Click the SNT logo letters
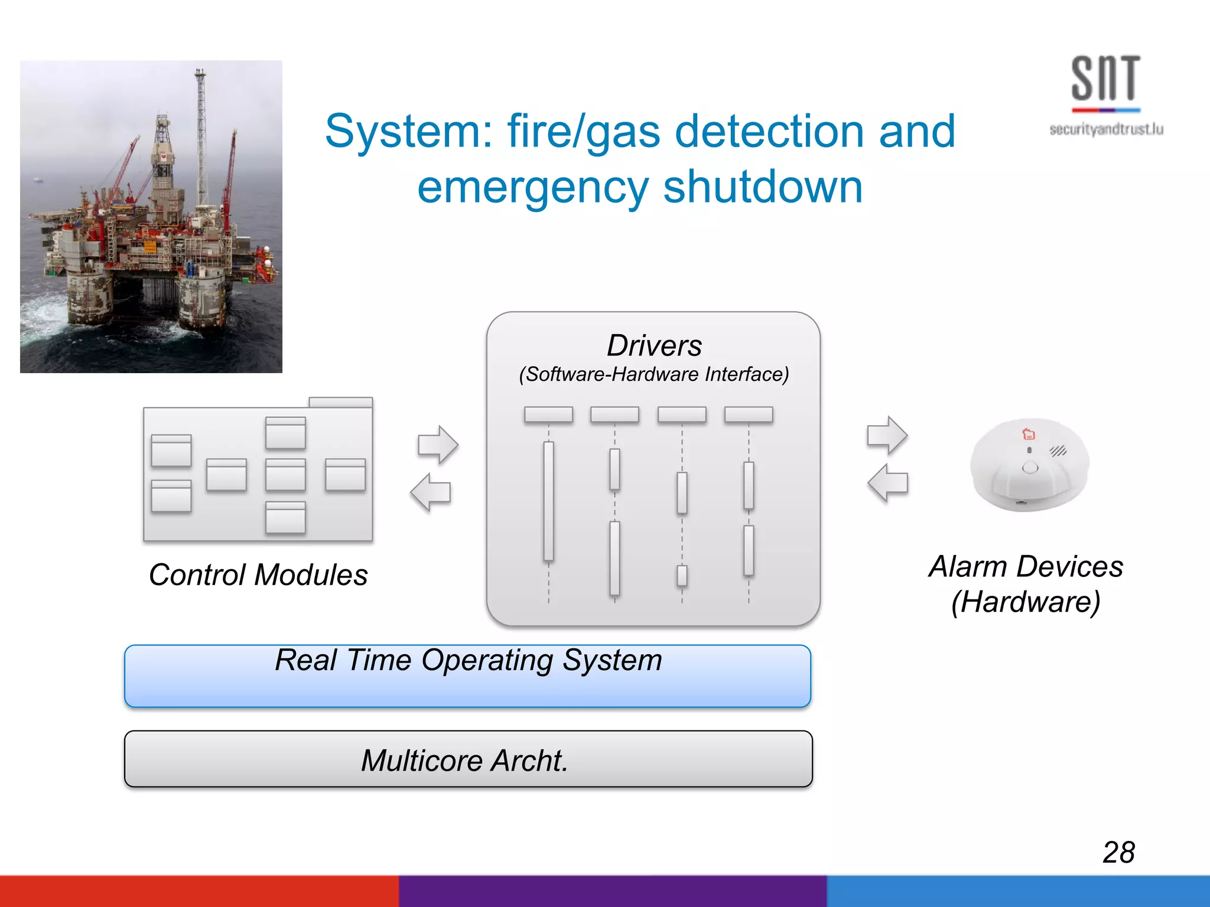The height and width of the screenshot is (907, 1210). pyautogui.click(x=1105, y=79)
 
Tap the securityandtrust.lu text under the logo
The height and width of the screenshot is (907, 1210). pyautogui.click(x=1106, y=129)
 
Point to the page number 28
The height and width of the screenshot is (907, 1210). pyautogui.click(x=1118, y=852)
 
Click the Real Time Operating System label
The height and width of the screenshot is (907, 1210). pyautogui.click(x=469, y=660)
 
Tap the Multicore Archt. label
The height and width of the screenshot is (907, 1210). pyautogui.click(x=465, y=761)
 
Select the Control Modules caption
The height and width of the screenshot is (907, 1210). pyautogui.click(x=258, y=575)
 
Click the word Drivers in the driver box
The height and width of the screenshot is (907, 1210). pyautogui.click(x=654, y=345)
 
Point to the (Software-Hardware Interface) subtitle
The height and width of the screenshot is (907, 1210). pyautogui.click(x=654, y=374)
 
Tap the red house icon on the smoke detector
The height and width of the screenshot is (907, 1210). pyautogui.click(x=1029, y=434)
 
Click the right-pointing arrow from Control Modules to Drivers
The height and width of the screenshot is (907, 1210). pyautogui.click(x=438, y=445)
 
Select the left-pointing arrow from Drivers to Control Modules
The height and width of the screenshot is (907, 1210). pyautogui.click(x=431, y=492)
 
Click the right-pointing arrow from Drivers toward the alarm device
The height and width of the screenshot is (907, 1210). pyautogui.click(x=887, y=435)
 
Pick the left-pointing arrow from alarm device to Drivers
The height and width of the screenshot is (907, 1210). pyautogui.click(x=887, y=482)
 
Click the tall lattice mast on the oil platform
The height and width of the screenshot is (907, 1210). pyautogui.click(x=201, y=136)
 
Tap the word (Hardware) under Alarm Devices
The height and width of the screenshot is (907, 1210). pyautogui.click(x=1026, y=602)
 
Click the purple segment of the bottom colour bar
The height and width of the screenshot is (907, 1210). pyautogui.click(x=612, y=891)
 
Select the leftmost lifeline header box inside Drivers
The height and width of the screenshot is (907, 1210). pyautogui.click(x=548, y=415)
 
